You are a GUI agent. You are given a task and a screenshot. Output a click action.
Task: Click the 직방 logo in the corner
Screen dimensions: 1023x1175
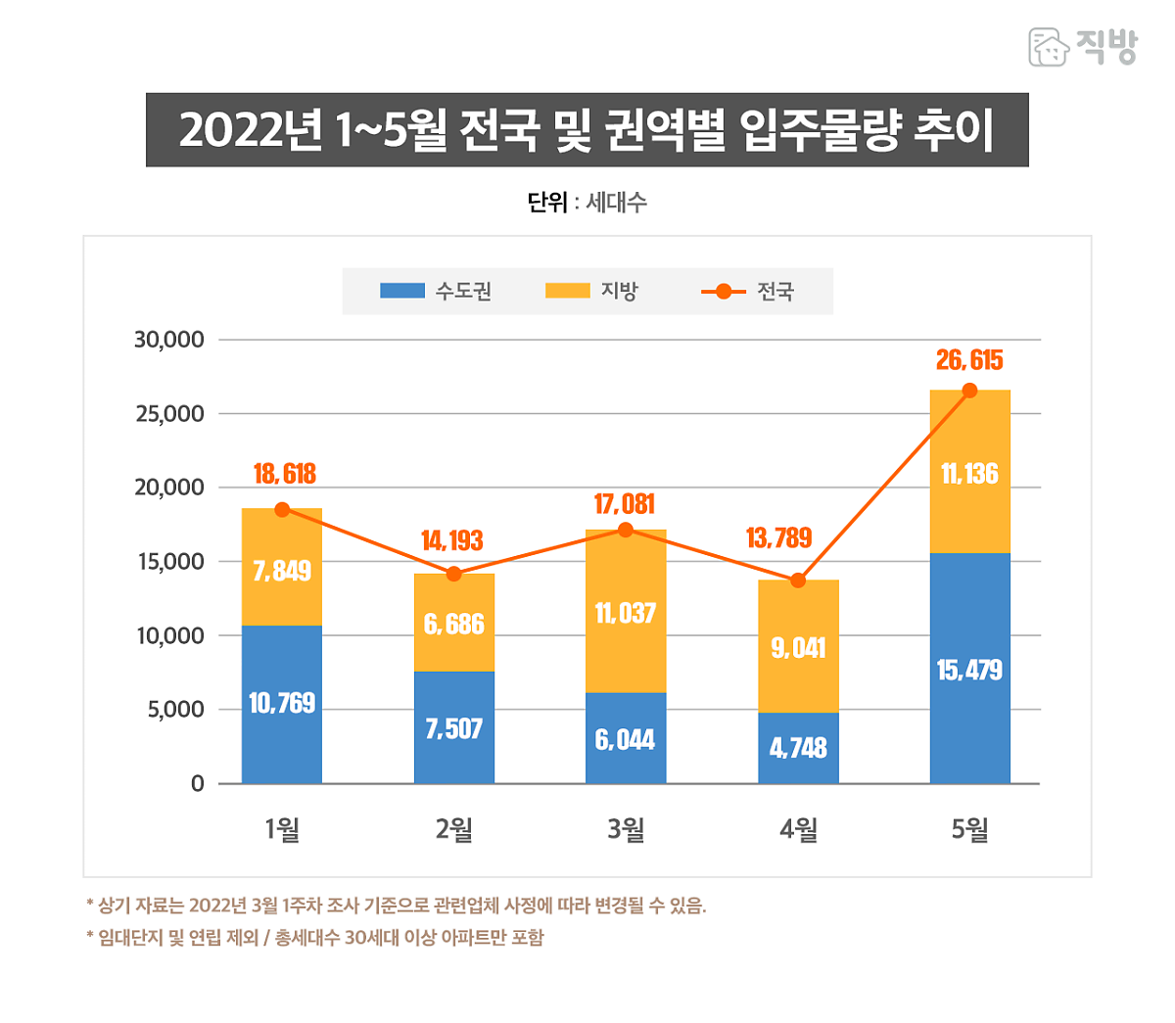coord(1082,46)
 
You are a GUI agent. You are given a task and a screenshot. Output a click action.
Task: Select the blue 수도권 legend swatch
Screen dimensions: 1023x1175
coord(401,291)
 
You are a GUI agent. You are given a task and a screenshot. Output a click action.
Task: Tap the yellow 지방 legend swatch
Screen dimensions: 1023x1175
coord(567,291)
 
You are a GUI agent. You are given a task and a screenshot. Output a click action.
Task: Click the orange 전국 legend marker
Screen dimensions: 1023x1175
coord(724,291)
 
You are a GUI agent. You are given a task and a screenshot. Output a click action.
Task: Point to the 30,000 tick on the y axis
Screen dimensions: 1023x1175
coord(169,340)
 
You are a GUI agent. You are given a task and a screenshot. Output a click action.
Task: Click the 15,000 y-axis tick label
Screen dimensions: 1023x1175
coord(169,562)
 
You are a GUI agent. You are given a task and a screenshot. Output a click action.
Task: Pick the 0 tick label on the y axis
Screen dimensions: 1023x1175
coord(197,783)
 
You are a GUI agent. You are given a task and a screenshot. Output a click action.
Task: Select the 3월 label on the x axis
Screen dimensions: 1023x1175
coord(626,830)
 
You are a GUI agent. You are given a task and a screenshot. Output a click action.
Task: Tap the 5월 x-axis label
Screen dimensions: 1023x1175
coord(969,830)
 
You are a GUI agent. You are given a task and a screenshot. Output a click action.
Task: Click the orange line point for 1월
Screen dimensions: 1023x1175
coord(282,509)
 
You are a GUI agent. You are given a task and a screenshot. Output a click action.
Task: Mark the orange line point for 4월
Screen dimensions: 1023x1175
coord(798,581)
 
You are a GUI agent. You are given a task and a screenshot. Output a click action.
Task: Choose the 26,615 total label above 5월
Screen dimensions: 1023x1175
coord(969,360)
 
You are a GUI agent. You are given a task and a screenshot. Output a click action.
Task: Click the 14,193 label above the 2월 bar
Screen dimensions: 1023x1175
coord(452,540)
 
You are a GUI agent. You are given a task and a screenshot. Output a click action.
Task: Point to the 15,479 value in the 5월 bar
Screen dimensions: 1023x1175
coord(969,671)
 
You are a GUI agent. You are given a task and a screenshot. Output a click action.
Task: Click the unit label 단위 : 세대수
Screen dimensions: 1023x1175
coord(587,203)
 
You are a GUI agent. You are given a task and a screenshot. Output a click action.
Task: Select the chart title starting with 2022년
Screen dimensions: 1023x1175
coord(587,130)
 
